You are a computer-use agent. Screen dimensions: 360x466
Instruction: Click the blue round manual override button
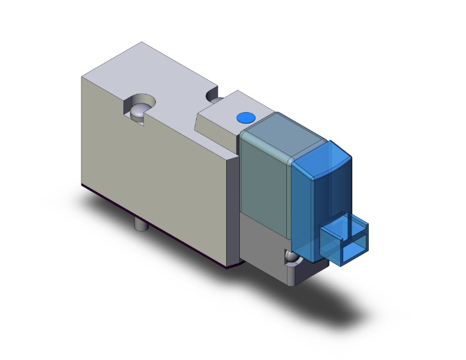click(x=244, y=118)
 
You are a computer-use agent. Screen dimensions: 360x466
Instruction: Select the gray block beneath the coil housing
click(x=263, y=241)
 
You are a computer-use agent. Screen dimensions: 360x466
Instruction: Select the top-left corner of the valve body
click(x=83, y=77)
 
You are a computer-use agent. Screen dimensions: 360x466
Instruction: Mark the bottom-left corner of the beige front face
click(x=84, y=184)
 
